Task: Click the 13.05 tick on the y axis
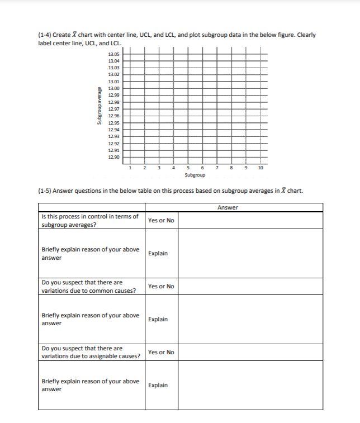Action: point(113,53)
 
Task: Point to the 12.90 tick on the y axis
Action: point(113,158)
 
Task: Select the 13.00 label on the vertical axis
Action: point(113,88)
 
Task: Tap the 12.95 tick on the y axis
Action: point(113,123)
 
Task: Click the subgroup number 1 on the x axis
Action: point(130,167)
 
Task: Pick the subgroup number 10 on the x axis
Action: point(260,167)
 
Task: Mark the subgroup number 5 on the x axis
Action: point(188,167)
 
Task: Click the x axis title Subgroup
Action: point(195,175)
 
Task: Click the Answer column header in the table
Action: point(228,208)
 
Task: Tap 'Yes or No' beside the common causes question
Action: point(161,286)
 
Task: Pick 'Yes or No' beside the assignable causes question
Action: point(161,352)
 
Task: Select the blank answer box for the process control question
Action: point(250,220)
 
